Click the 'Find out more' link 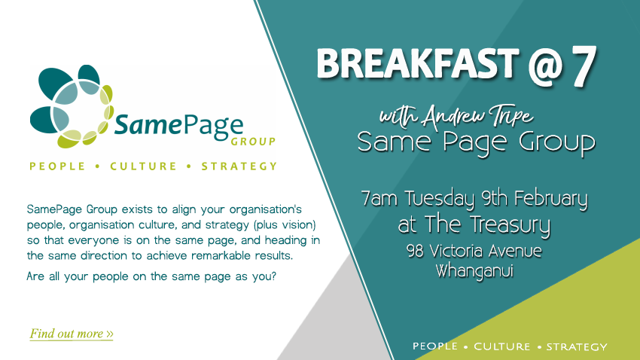(72, 334)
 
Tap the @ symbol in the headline (545, 66)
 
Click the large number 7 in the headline (584, 66)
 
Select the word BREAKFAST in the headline (418, 63)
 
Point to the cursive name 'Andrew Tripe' (477, 115)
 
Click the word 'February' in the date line (550, 199)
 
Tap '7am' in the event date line (379, 199)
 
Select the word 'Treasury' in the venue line (510, 226)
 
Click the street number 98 (416, 252)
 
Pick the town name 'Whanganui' (474, 271)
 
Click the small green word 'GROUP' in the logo (253, 142)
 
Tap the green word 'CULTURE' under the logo (143, 166)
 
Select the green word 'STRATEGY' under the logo (239, 166)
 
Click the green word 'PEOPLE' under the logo (57, 166)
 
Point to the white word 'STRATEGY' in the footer (577, 347)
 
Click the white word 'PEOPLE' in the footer (435, 346)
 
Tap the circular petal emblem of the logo (72, 106)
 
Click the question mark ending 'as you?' (273, 276)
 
